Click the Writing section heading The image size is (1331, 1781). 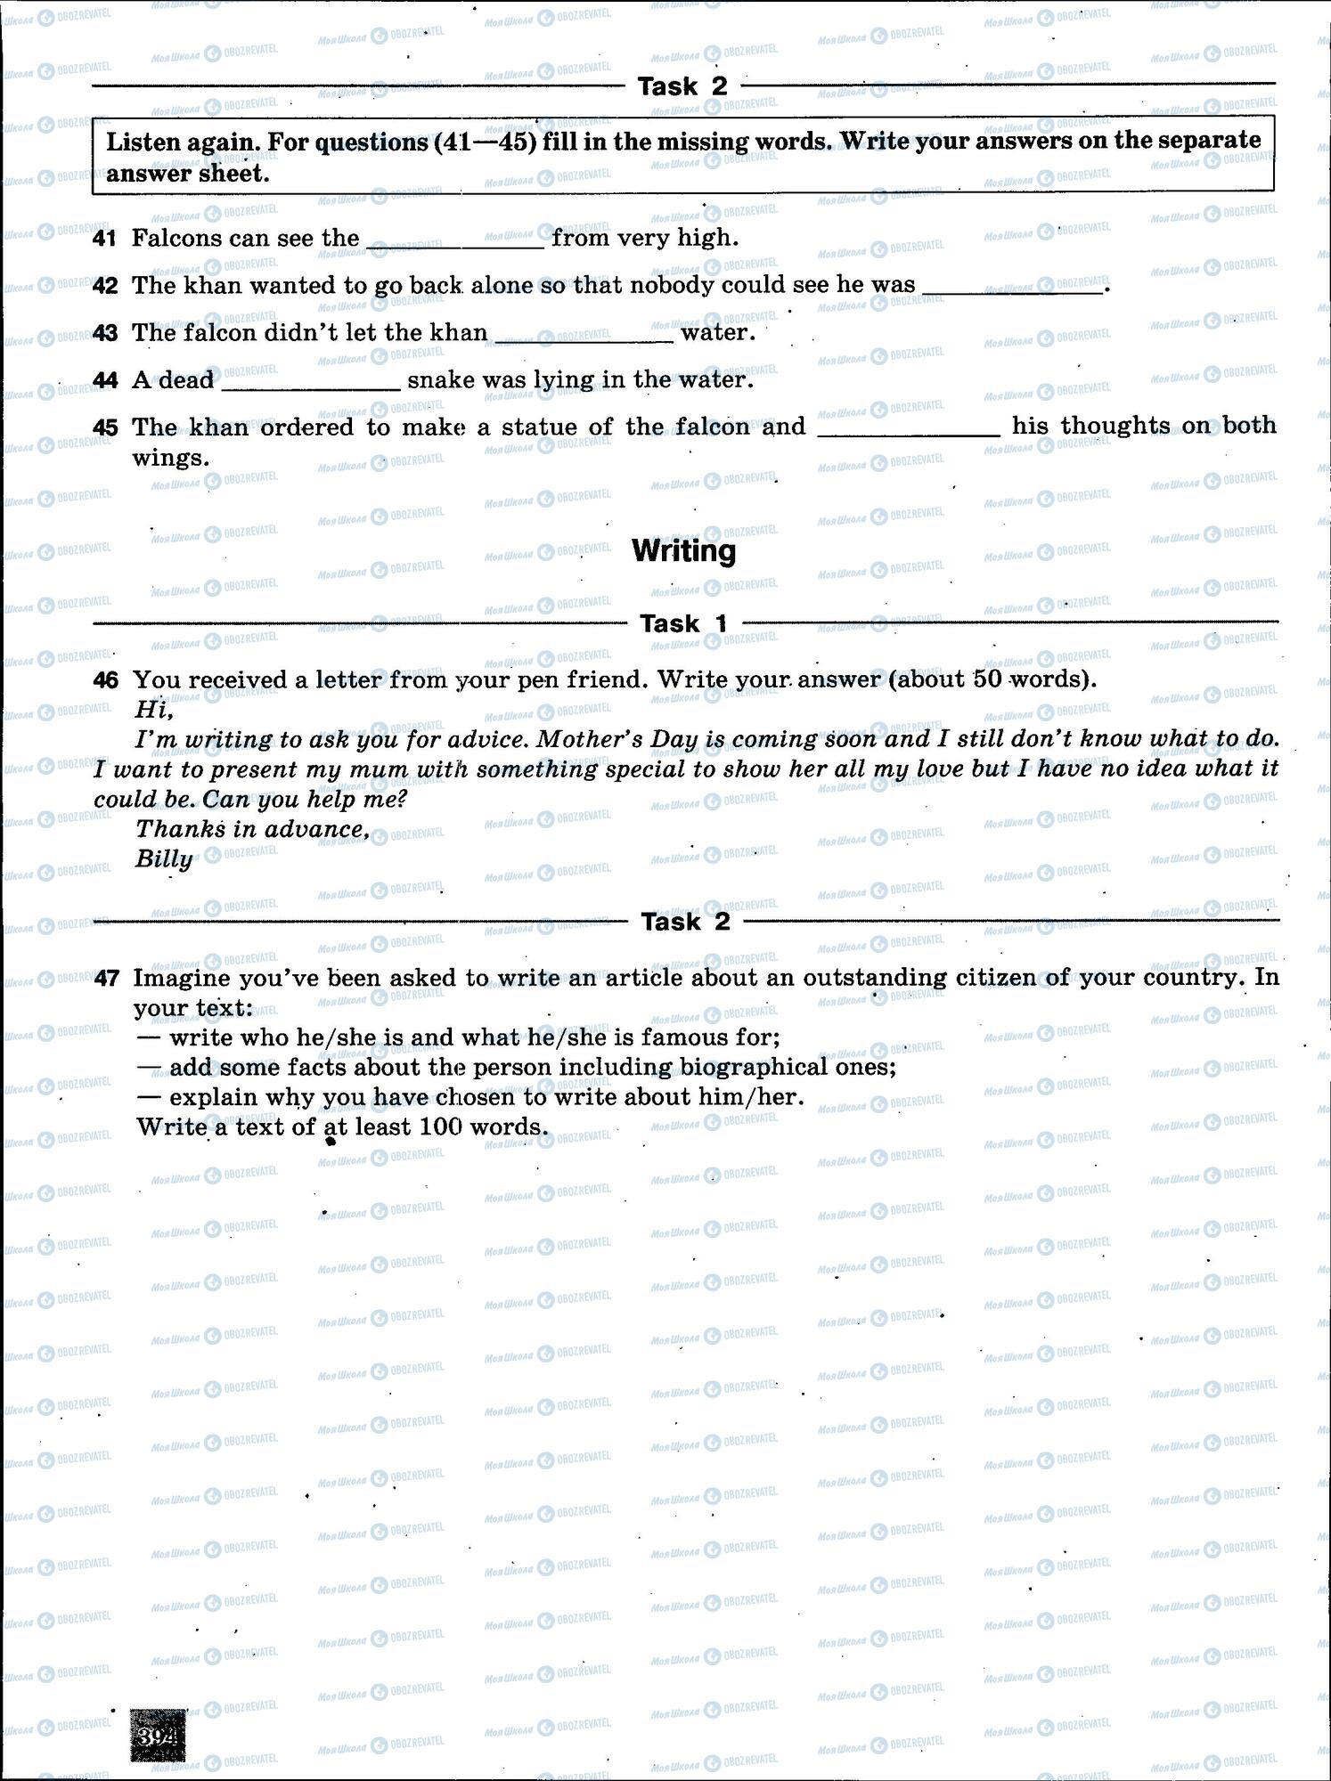tap(683, 551)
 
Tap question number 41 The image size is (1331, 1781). tap(104, 239)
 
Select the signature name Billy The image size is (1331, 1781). tap(164, 859)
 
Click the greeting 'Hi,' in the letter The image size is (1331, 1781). tap(153, 710)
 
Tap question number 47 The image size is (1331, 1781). tap(106, 978)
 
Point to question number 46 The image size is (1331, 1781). tap(105, 680)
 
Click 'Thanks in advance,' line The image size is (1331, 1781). tap(252, 829)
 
